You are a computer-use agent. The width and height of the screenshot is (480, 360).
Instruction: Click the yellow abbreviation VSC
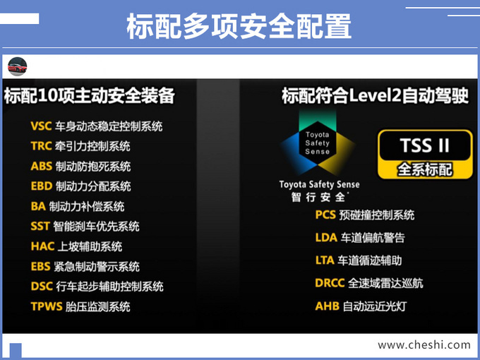41,126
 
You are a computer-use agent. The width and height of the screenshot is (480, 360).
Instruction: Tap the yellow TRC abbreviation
41,146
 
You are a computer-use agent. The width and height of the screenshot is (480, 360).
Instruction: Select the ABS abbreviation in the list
42,166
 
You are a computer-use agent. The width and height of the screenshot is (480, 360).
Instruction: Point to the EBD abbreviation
42,186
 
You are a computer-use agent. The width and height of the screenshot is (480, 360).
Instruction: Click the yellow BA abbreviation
38,206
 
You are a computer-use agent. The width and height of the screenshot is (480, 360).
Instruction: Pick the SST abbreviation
40,226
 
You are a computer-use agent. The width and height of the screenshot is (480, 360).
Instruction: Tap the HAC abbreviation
42,246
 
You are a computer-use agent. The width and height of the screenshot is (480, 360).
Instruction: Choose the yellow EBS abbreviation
40,266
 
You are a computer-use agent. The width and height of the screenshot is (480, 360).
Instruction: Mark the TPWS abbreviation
47,306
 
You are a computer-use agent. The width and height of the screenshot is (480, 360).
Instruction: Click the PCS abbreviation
325,215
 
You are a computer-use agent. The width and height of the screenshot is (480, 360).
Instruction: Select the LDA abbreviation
326,238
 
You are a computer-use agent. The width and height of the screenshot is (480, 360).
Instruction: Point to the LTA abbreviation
325,260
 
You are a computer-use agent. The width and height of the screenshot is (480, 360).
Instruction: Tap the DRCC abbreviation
330,283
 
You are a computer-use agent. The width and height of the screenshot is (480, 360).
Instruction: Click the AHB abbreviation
328,306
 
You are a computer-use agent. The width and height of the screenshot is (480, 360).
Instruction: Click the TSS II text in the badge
425,145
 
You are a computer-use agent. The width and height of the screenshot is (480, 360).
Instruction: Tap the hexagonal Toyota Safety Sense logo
318,143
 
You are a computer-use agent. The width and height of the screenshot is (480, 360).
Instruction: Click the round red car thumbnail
18,66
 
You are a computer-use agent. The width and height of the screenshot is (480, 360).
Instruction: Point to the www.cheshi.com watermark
424,345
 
